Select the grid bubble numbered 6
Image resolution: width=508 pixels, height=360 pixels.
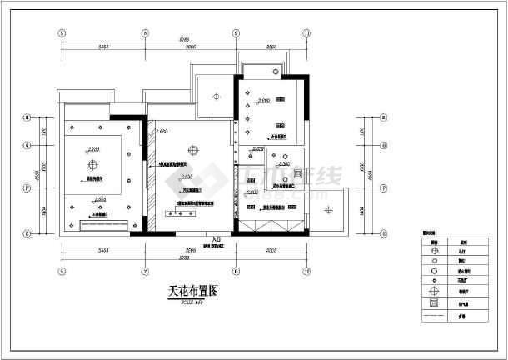61,34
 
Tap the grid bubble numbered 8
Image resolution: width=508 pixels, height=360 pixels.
145,34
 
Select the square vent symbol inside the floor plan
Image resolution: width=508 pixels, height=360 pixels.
284,177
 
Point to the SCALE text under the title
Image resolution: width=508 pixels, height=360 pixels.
191,301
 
